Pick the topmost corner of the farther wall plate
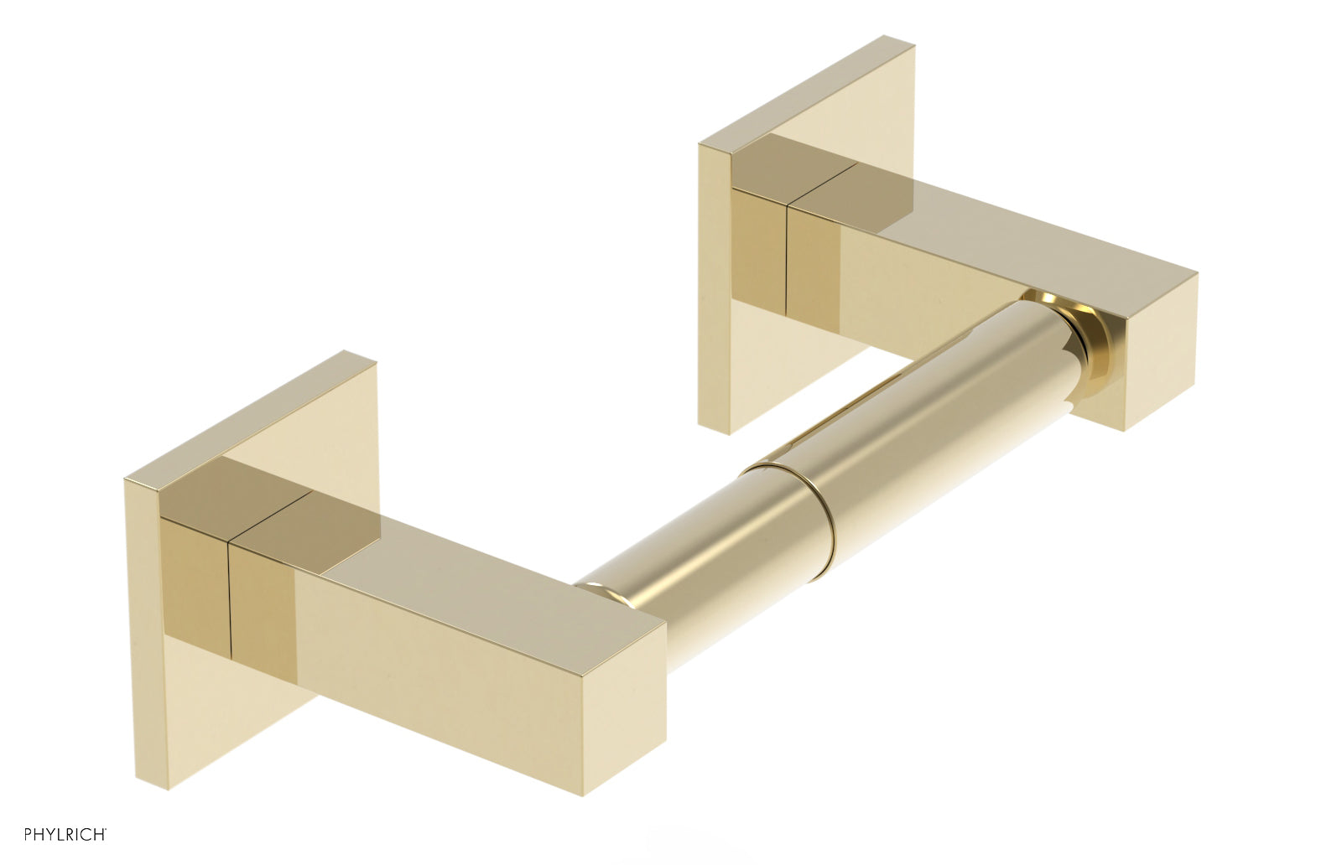click(885, 37)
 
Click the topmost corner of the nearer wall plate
click(344, 352)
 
